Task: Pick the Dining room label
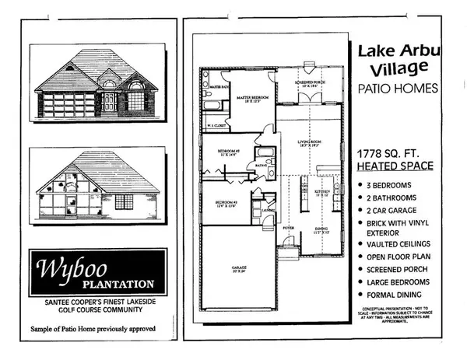click(321, 230)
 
